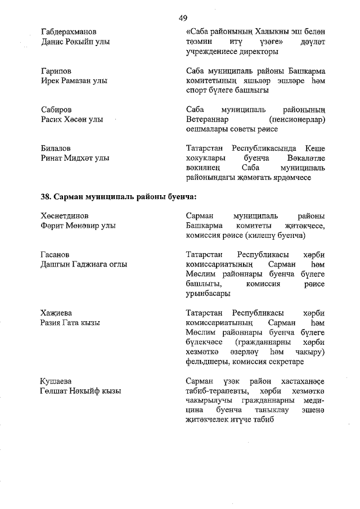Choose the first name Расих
pos(53,119)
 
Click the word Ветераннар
pos(208,119)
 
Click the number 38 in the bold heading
pos(46,197)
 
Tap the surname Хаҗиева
pos(56,313)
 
